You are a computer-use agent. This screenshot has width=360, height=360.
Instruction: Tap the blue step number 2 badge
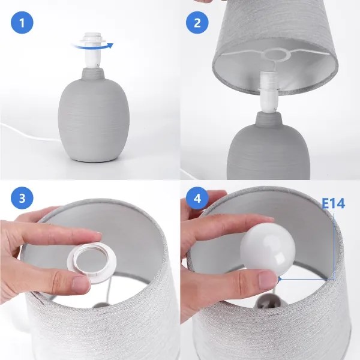[197, 25]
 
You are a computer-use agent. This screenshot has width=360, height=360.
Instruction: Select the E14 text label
[334, 203]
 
